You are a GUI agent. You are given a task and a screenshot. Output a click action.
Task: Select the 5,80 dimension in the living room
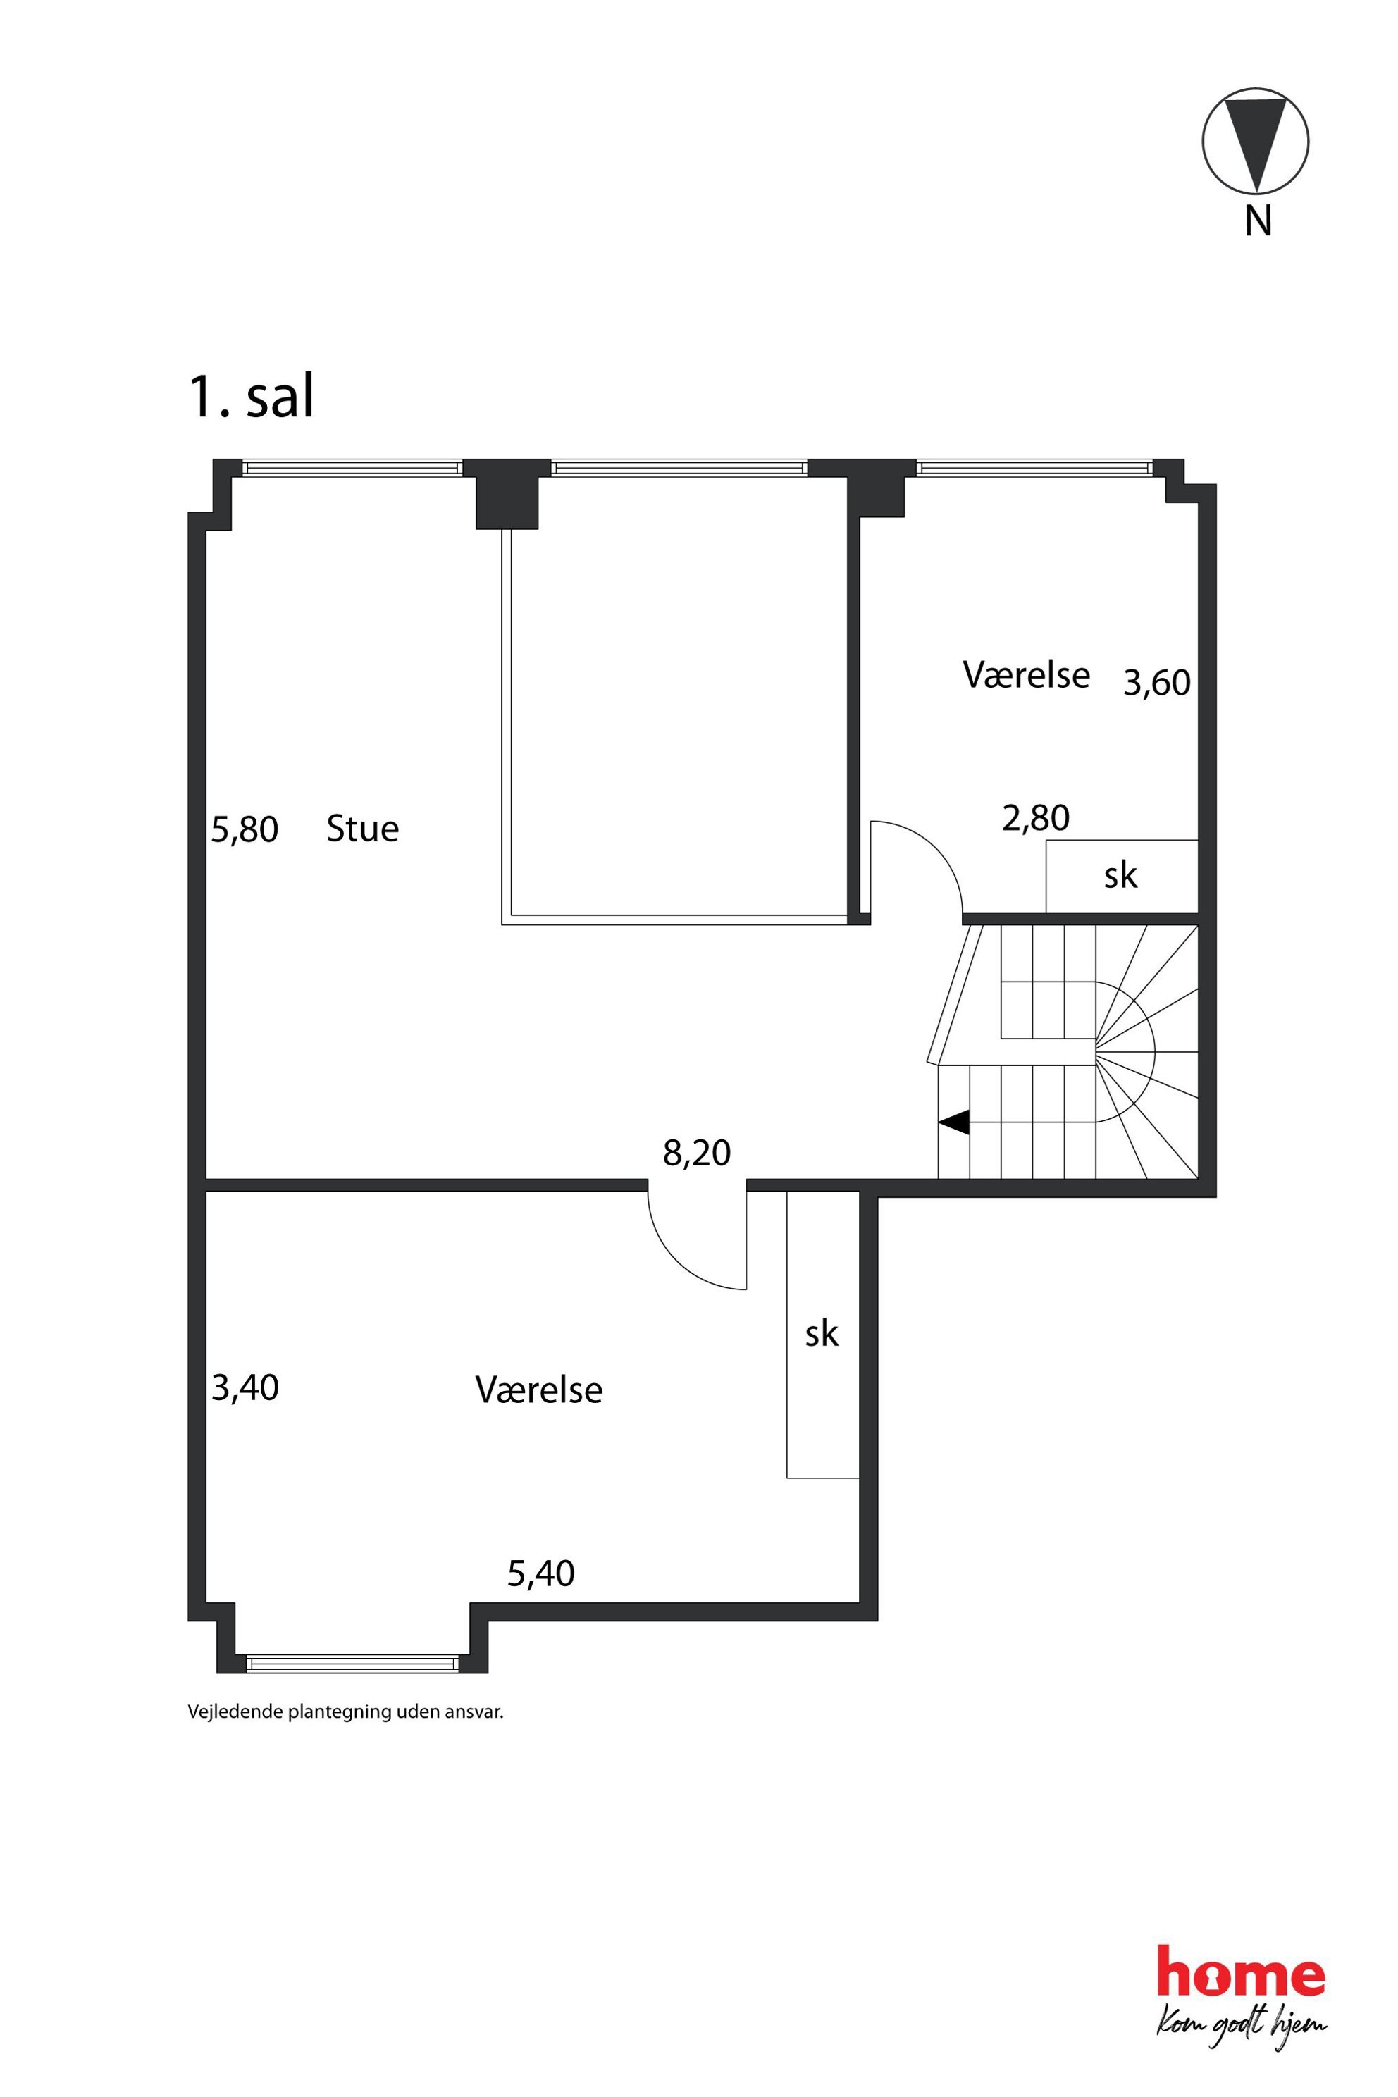245,830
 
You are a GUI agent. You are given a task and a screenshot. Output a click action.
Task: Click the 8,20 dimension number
696,1153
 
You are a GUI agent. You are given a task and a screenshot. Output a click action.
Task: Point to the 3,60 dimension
1156,683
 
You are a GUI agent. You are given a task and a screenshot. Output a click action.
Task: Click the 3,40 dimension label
245,1388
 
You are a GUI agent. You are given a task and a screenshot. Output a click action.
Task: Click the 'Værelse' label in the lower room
538,1390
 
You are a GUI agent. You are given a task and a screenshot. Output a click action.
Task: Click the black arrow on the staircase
953,1122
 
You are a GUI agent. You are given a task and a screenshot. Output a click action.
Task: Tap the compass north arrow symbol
1256,141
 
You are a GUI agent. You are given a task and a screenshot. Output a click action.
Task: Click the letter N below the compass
1258,221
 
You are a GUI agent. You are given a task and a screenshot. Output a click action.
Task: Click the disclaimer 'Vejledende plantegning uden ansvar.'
345,1711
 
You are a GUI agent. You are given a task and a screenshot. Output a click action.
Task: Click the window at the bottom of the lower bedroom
352,1663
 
